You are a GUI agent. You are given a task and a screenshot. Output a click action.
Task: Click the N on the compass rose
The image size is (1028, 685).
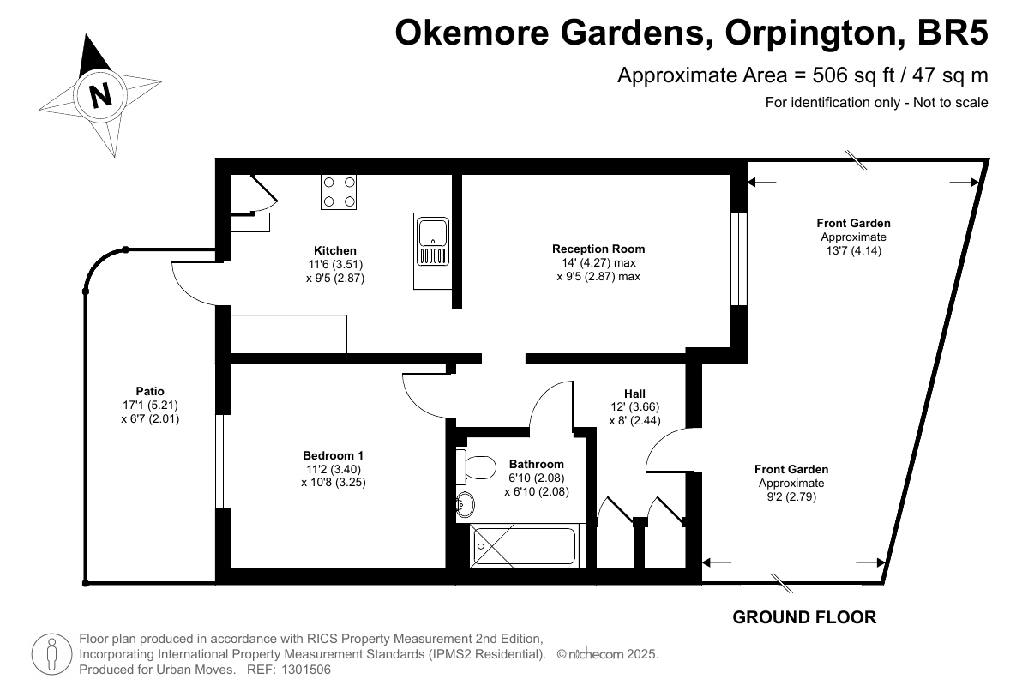pyautogui.click(x=100, y=96)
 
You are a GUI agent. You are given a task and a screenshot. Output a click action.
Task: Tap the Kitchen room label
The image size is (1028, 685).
pyautogui.click(x=335, y=250)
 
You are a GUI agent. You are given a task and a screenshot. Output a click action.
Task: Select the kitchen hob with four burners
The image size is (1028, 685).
pyautogui.click(x=339, y=192)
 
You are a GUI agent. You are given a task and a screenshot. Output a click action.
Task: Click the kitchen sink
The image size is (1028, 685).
pyautogui.click(x=433, y=241)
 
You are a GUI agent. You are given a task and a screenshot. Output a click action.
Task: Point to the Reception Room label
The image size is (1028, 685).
pyautogui.click(x=598, y=249)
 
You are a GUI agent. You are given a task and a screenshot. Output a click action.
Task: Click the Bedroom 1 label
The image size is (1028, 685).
pyautogui.click(x=333, y=455)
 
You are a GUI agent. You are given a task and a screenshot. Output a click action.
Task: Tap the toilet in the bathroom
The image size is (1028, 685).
pyautogui.click(x=477, y=466)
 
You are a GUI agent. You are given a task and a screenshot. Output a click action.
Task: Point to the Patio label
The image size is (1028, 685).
pyautogui.click(x=150, y=391)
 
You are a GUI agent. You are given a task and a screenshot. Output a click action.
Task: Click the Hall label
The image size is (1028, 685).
pyautogui.click(x=634, y=394)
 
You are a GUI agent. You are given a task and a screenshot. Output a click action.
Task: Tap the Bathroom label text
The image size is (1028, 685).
pyautogui.click(x=536, y=464)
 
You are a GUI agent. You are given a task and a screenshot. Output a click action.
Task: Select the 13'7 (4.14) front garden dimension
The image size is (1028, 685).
pyautogui.click(x=853, y=250)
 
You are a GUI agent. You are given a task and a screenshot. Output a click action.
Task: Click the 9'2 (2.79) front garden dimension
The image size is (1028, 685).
pyautogui.click(x=791, y=497)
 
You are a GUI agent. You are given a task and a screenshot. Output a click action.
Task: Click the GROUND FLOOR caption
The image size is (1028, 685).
pyautogui.click(x=804, y=616)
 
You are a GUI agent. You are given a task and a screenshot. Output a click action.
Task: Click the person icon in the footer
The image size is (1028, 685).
pyautogui.click(x=51, y=653)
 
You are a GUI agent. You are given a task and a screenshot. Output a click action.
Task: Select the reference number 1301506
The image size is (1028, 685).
pyautogui.click(x=306, y=670)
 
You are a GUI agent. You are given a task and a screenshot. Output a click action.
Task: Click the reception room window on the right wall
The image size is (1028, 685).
pyautogui.click(x=739, y=259)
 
